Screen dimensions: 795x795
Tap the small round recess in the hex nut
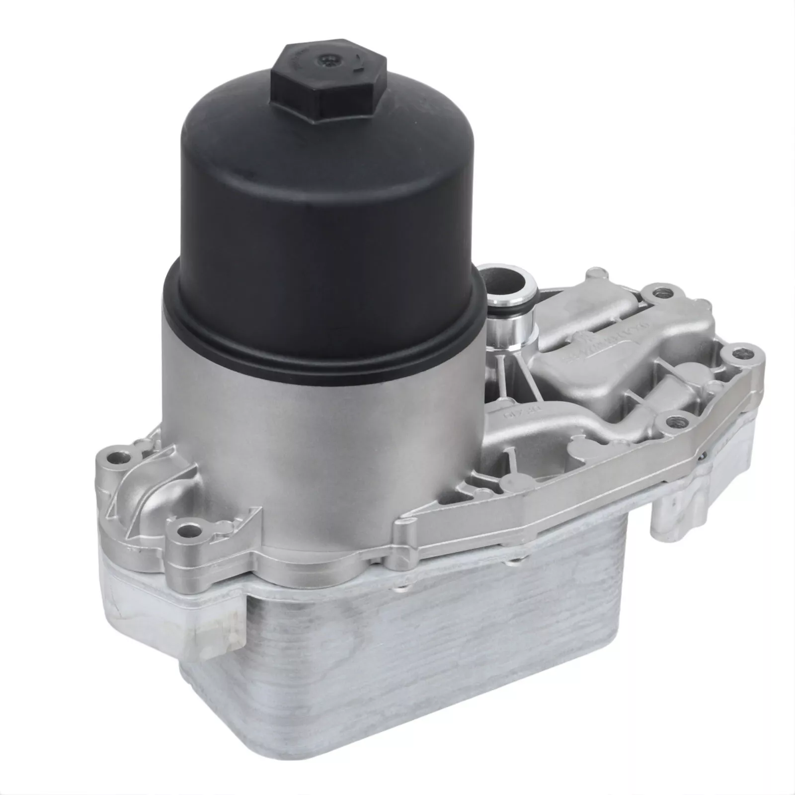click(328, 60)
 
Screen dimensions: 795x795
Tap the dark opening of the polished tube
click(502, 276)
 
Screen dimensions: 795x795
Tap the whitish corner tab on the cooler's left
click(209, 631)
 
